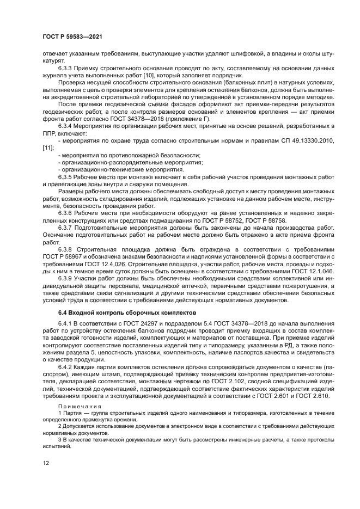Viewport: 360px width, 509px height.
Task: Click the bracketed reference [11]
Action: (x=47, y=147)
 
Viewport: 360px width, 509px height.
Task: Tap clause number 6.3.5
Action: (x=67, y=177)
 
